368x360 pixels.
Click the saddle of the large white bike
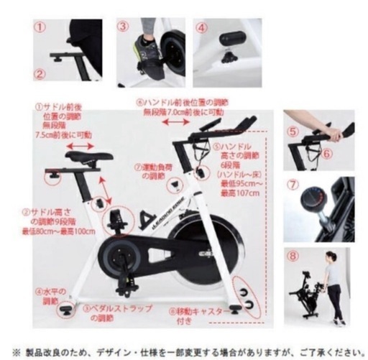[87, 157]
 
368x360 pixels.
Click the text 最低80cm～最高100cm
[57, 231]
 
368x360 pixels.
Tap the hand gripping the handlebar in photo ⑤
[334, 134]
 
